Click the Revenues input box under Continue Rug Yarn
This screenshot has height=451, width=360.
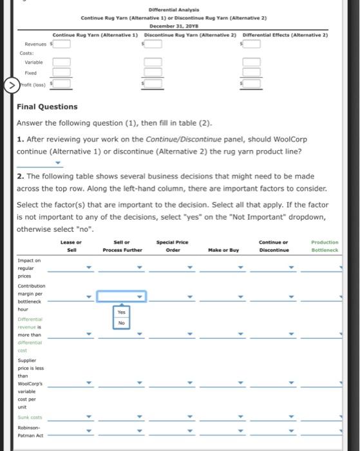(61, 44)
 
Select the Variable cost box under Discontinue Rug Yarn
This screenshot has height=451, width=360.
(153, 62)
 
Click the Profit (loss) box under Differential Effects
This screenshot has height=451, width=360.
(251, 83)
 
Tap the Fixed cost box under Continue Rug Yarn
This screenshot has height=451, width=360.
(61, 72)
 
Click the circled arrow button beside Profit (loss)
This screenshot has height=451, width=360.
(12, 85)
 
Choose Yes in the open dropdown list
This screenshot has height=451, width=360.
(121, 312)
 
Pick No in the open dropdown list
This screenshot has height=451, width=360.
(121, 323)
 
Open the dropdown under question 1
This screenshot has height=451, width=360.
(40, 163)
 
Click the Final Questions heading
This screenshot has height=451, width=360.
(47, 107)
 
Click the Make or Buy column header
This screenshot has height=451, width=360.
(223, 250)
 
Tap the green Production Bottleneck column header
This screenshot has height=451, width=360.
(325, 246)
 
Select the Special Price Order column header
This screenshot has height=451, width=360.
(173, 246)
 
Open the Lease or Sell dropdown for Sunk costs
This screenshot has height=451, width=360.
(70, 417)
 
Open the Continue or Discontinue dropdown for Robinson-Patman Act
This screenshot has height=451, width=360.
(273, 431)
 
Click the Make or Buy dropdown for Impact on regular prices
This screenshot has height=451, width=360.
(223, 268)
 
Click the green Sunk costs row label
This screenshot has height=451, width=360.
(30, 417)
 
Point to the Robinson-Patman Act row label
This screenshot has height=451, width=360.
(30, 432)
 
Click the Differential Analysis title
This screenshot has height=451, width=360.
(174, 10)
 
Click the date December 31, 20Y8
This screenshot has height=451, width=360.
(174, 26)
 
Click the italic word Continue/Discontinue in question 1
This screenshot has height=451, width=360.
(184, 139)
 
